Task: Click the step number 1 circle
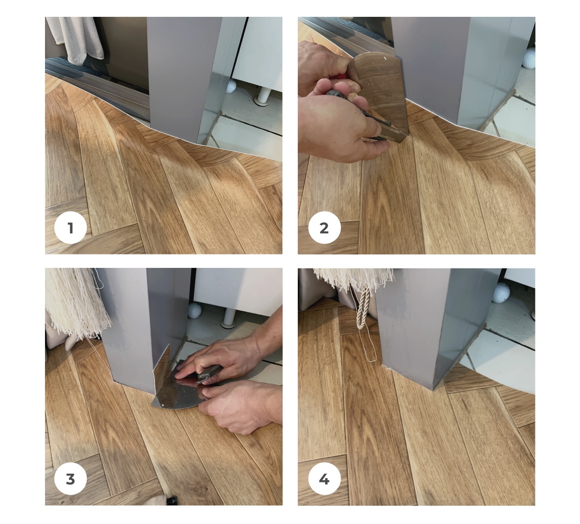coord(71,228)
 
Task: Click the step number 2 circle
coord(324,228)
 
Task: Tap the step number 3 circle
coord(71,479)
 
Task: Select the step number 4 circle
coord(324,479)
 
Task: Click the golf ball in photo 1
coord(230,87)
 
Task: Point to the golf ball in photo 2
coord(530,58)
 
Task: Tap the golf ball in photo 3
coord(195,310)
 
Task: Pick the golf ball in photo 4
coord(502,293)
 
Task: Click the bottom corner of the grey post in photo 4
coord(432,390)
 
